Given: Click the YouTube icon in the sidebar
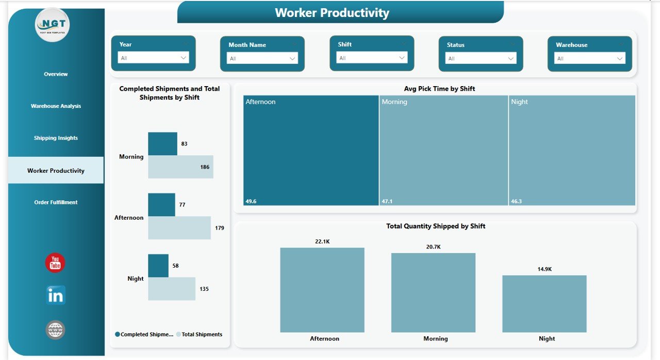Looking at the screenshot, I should point(55,263).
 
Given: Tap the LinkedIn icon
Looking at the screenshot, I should point(55,296).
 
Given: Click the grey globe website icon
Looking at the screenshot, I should point(55,330).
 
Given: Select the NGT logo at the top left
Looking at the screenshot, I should point(52,25).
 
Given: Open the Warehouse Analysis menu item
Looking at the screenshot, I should point(56,106).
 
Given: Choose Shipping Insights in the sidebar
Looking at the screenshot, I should point(56,138).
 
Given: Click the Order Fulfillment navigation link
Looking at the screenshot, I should point(56,202).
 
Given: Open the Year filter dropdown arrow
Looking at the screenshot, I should point(184,58).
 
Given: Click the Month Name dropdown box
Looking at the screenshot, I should point(262,58).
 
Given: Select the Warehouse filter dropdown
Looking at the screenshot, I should point(589,58).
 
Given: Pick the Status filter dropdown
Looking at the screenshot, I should point(481,58).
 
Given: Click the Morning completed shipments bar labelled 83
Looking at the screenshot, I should point(162,143).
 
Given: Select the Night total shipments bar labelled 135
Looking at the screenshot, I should point(172,289).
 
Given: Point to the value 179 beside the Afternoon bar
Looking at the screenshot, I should point(220,228).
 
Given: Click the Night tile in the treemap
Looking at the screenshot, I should point(572,150).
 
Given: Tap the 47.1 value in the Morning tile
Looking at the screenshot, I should point(387,201).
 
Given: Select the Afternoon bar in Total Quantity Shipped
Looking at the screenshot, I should point(322,290).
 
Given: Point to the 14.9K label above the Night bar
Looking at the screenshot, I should point(544,269).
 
